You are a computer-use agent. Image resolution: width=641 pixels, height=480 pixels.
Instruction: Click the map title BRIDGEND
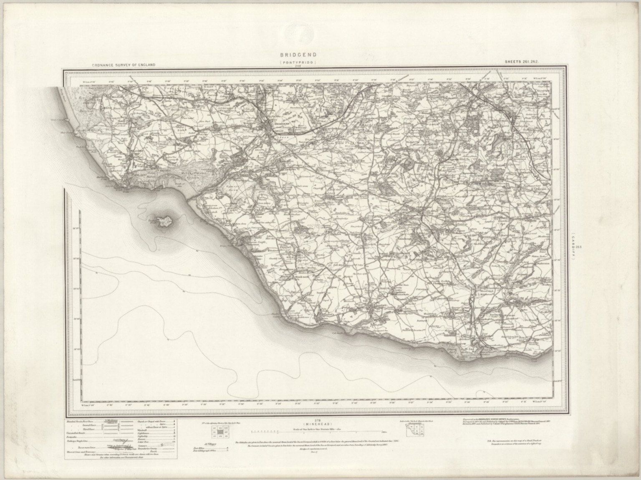(298, 55)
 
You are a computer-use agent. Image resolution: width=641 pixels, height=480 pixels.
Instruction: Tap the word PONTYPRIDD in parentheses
(298, 62)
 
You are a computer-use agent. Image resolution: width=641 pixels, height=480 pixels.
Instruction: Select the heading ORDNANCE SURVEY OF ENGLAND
(123, 65)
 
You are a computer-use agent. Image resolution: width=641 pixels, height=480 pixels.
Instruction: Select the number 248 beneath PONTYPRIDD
(298, 66)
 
